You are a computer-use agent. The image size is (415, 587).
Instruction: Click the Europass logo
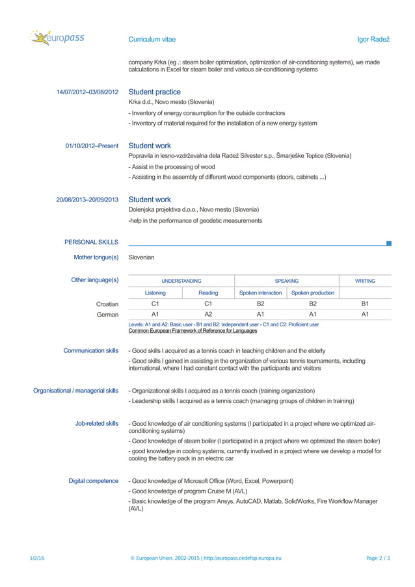pos(57,38)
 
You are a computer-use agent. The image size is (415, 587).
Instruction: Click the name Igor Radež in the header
pos(373,40)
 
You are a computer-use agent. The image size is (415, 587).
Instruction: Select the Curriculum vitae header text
pos(152,40)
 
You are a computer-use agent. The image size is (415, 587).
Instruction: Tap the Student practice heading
pos(154,92)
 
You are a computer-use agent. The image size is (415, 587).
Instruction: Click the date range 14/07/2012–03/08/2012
pos(87,92)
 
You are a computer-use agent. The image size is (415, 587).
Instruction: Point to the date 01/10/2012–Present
pos(92,146)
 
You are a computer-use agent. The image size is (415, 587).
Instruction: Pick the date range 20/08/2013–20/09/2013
pos(87,200)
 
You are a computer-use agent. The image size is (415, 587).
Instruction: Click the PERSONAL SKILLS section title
pos(91,242)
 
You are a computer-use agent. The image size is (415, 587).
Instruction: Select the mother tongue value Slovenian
pos(141,257)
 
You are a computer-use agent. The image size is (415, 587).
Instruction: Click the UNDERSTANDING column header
pos(181,281)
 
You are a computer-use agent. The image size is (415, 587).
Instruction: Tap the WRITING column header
pos(365,281)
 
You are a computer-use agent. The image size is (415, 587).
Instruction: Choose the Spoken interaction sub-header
pos(260,293)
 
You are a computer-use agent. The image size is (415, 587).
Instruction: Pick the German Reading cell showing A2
pos(208,314)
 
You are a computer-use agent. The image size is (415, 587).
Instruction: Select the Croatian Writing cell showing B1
pos(365,304)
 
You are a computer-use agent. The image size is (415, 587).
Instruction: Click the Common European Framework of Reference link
pos(193,331)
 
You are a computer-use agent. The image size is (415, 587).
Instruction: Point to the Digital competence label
pos(94,481)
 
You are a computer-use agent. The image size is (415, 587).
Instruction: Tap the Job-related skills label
pos(97,423)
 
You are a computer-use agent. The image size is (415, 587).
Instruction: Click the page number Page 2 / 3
pos(379,558)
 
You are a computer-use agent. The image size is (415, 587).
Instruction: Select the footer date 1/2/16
pos(37,558)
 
